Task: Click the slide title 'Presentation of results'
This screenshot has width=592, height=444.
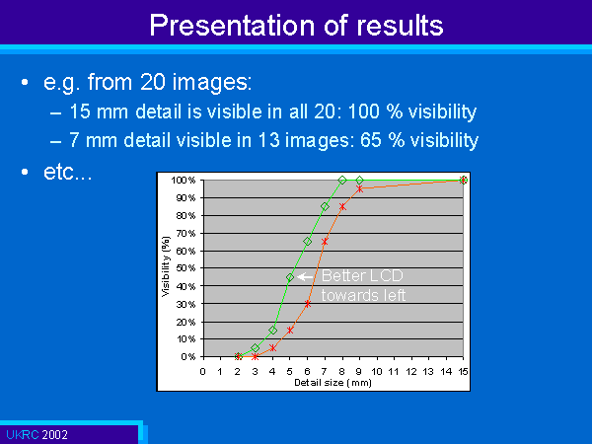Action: [x=296, y=26]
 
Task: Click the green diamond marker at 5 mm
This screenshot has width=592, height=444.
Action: [x=290, y=277]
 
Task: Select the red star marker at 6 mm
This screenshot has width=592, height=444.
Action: [x=307, y=304]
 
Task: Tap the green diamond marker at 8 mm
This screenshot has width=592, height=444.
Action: [x=342, y=181]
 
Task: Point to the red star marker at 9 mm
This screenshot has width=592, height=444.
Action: [x=360, y=188]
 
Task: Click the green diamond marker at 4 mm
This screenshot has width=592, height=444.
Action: [x=272, y=331]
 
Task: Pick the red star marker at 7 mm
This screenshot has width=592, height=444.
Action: [x=325, y=242]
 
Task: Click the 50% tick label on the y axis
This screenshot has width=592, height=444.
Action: [x=185, y=268]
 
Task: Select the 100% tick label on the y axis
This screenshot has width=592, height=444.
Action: [x=184, y=181]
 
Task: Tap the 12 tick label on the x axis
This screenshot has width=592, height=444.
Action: [x=411, y=372]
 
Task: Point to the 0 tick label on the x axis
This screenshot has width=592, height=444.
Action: [x=202, y=372]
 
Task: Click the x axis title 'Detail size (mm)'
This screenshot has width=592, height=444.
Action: [x=333, y=383]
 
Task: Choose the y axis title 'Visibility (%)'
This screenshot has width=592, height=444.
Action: [x=166, y=266]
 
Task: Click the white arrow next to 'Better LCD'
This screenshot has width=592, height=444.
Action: [x=305, y=277]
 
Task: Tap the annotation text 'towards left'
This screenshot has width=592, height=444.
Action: [x=363, y=295]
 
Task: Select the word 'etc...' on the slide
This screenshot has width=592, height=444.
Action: [x=67, y=172]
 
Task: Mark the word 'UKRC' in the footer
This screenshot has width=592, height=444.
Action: [x=23, y=434]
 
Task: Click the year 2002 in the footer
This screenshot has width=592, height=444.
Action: [x=54, y=434]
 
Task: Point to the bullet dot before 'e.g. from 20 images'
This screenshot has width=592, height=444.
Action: [x=25, y=82]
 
